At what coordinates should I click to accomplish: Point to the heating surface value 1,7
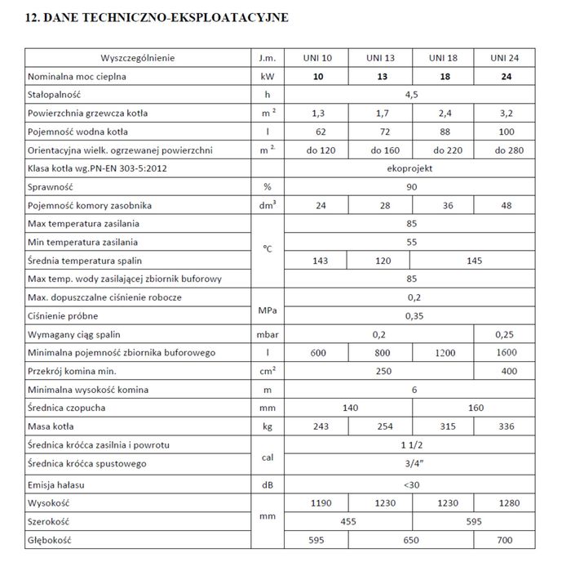pyautogui.click(x=381, y=113)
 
